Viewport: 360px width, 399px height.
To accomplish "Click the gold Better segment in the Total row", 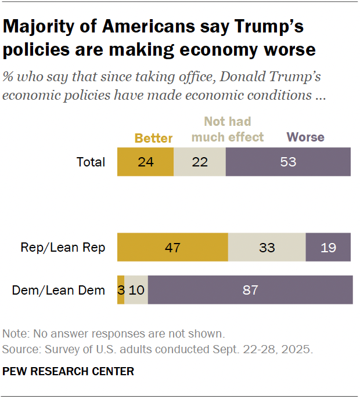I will pyautogui.click(x=145, y=162).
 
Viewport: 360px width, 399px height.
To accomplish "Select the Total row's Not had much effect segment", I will pyautogui.click(x=199, y=162).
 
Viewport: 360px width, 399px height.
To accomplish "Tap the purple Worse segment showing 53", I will pyautogui.click(x=288, y=162).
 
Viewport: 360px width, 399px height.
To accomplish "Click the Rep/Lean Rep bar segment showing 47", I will pyautogui.click(x=172, y=248).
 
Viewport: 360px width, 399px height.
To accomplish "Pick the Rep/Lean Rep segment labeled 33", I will pyautogui.click(x=267, y=248).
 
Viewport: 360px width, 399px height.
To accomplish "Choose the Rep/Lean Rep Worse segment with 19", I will pyautogui.click(x=328, y=248).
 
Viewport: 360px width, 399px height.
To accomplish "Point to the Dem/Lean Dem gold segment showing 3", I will pyautogui.click(x=121, y=289).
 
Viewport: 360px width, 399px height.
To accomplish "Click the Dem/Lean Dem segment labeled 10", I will pyautogui.click(x=136, y=289).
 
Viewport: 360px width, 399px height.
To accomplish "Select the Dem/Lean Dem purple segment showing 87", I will pyautogui.click(x=250, y=289).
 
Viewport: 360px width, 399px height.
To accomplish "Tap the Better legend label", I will pyautogui.click(x=154, y=138).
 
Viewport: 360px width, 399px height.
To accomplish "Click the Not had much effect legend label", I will pyautogui.click(x=228, y=129).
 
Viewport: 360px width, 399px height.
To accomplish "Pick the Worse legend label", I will pyautogui.click(x=305, y=137).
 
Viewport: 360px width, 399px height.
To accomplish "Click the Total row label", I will pyautogui.click(x=91, y=162).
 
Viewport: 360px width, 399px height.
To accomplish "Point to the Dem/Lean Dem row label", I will pyautogui.click(x=59, y=290).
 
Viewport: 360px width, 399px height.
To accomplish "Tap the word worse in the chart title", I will pyautogui.click(x=287, y=50).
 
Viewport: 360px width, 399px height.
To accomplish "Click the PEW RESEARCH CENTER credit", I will pyautogui.click(x=69, y=371).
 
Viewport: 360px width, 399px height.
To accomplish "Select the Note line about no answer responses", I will pyautogui.click(x=113, y=334).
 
